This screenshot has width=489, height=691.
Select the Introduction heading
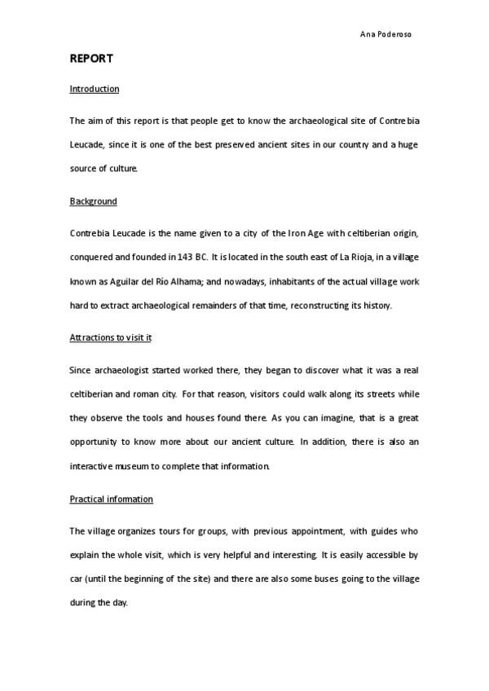pyautogui.click(x=95, y=89)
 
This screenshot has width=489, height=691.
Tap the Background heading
pyautogui.click(x=93, y=201)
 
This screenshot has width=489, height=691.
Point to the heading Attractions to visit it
pyautogui.click(x=110, y=337)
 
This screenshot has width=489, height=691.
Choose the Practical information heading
pyautogui.click(x=111, y=499)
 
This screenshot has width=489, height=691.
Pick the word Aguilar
pyautogui.click(x=113, y=280)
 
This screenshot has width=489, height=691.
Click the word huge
pyautogui.click(x=409, y=145)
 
